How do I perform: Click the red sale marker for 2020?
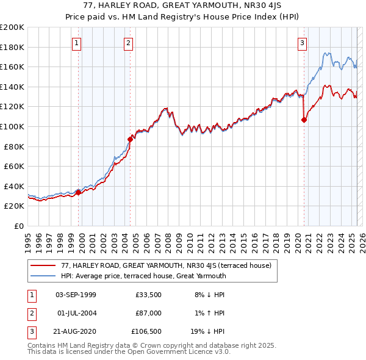coord(304,120)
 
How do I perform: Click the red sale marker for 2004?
coord(130,139)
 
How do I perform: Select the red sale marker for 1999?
coord(78,192)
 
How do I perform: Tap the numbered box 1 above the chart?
coord(77,43)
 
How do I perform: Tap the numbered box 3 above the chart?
coord(303,43)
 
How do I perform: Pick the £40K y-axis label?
coord(14,186)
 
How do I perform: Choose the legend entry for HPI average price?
coord(143,276)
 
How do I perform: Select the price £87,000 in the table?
coord(148,313)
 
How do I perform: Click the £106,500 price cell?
coord(146,331)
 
